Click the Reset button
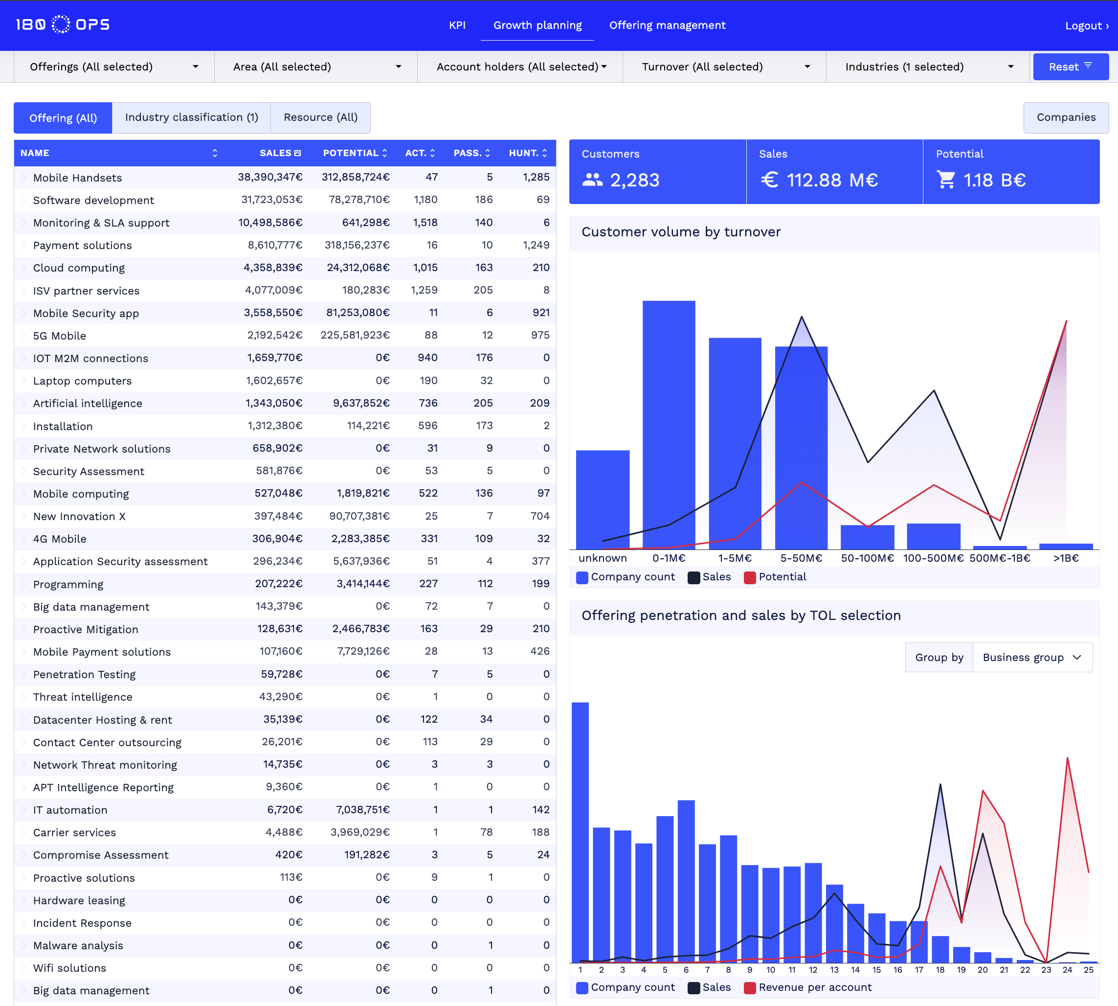tap(1070, 67)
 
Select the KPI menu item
tap(457, 25)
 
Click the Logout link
tap(1086, 26)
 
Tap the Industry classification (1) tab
tap(191, 117)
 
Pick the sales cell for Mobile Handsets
tap(270, 177)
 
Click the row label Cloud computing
tap(79, 268)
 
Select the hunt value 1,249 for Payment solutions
tap(536, 245)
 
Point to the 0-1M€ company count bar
tap(669, 426)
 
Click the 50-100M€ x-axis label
tap(867, 558)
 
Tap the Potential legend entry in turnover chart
tap(775, 576)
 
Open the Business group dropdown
tap(1031, 657)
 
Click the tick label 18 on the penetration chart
tap(939, 969)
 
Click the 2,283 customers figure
tap(634, 180)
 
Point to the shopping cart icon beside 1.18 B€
tap(946, 180)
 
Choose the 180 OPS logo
tap(63, 25)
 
